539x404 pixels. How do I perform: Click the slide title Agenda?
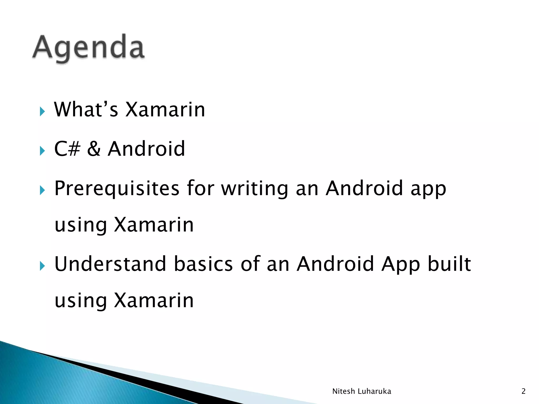88,48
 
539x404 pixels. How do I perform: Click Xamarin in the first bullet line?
165,109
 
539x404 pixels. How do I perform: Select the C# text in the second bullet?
67,149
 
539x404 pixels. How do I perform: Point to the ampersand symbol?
94,149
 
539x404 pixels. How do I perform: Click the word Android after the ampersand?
146,149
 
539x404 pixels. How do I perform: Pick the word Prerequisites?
117,189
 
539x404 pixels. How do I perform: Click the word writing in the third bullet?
254,189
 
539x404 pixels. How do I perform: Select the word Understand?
110,264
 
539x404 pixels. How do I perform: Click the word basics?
203,264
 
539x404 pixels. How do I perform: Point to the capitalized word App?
401,265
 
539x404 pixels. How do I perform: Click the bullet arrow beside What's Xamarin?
42,112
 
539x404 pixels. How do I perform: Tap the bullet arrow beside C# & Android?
42,151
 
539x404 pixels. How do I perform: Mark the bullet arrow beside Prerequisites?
42,190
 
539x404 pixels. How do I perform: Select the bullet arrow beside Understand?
42,266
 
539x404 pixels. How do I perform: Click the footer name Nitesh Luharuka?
362,391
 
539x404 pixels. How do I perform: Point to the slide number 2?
523,391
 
